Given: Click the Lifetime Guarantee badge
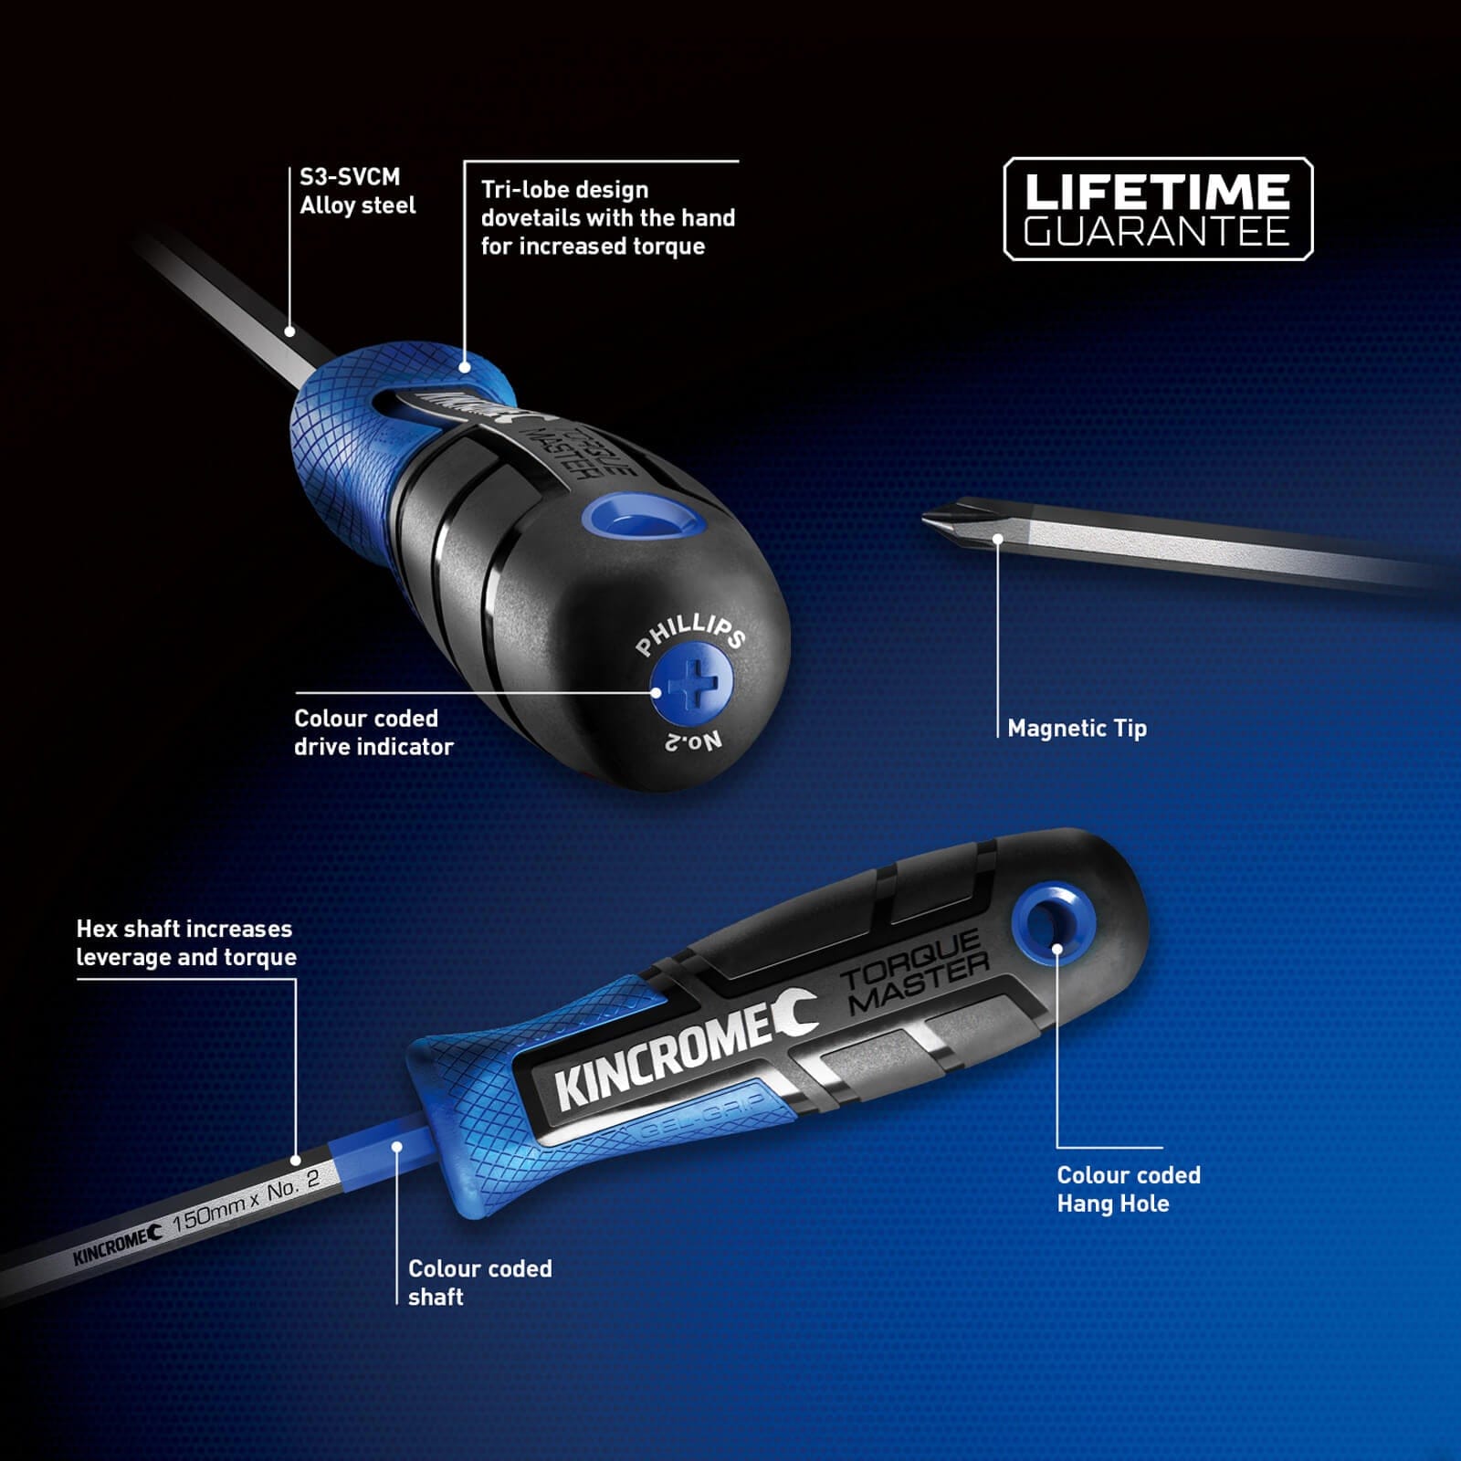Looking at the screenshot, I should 1158,209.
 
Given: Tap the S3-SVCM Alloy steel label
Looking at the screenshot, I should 357,191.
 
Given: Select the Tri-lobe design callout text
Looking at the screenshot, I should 607,217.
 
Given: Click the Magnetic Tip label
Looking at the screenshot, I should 1077,729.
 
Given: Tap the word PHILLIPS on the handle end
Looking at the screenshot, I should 690,634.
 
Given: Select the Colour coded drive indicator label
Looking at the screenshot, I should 373,732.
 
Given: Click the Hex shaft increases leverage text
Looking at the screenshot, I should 186,942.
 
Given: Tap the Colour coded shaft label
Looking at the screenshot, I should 479,1282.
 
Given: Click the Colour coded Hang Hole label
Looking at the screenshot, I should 1129,1189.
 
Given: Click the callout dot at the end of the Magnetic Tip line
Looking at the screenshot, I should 997,540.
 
